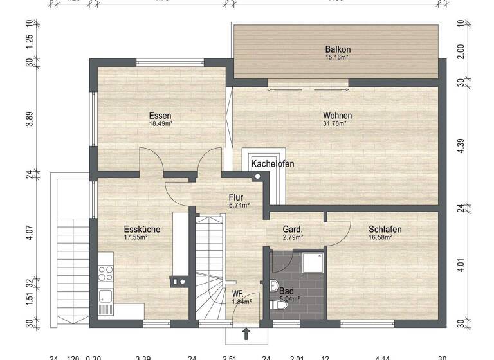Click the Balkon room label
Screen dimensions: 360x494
point(338,50)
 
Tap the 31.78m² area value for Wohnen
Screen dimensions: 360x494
point(338,123)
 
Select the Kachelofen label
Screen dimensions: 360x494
point(273,164)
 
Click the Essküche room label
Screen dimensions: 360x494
point(142,229)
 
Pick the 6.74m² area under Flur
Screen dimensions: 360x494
point(239,206)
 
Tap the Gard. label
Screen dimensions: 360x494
point(293,229)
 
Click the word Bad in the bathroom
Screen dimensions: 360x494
point(286,291)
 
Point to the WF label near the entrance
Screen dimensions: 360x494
point(238,293)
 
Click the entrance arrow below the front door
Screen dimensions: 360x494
point(246,333)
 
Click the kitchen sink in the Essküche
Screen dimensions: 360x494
point(105,297)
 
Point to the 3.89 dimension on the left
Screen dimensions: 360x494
point(29,120)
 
